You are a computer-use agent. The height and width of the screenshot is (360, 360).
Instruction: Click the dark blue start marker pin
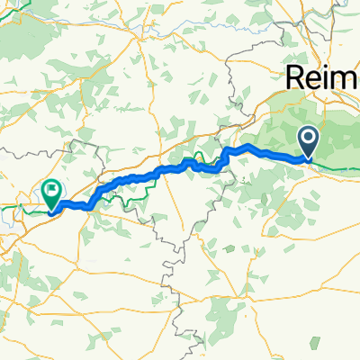[308, 140]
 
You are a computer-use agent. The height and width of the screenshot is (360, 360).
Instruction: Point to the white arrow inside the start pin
[308, 138]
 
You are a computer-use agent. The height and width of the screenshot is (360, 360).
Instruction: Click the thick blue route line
[135, 176]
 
